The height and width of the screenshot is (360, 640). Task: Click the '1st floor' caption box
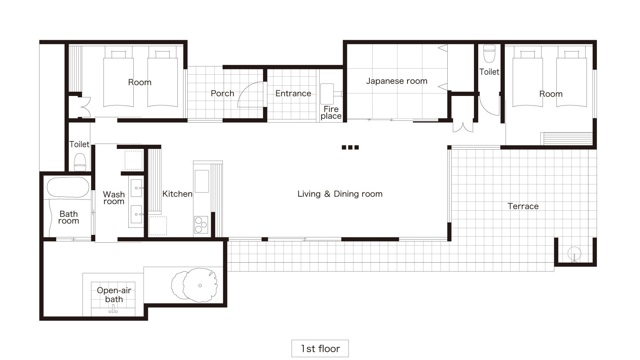(x=320, y=348)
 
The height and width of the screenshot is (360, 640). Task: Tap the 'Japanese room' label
(x=397, y=81)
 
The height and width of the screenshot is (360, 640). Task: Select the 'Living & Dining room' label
(x=340, y=194)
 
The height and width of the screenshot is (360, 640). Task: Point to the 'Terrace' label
(x=523, y=206)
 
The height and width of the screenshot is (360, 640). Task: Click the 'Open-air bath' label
(x=114, y=295)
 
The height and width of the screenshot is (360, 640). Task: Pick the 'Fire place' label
(x=331, y=112)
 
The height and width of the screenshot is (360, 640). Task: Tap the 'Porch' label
(x=222, y=93)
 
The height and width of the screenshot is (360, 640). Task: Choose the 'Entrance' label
(x=293, y=93)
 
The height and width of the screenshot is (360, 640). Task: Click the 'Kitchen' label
(x=177, y=194)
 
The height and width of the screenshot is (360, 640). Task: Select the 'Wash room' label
(x=114, y=198)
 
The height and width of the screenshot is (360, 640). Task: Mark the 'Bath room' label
(x=69, y=217)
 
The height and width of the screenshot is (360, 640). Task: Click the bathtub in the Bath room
(x=68, y=187)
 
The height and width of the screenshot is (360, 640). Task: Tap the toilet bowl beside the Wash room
(x=80, y=162)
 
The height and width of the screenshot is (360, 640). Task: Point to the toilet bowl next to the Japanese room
(x=489, y=54)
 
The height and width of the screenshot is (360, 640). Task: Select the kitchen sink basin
(x=202, y=181)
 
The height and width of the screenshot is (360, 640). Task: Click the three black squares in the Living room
(x=350, y=147)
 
